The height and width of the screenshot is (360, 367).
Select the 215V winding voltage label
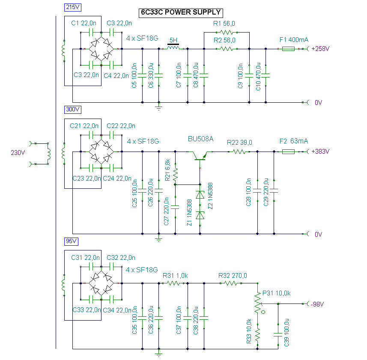[x=72, y=7]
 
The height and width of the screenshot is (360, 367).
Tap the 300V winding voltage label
[x=72, y=110]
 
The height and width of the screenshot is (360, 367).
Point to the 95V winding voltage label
[x=71, y=241]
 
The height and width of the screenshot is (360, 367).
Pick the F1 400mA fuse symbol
[x=289, y=49]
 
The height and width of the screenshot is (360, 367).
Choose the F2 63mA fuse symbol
[x=288, y=152]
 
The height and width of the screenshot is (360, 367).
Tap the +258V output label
[x=320, y=49]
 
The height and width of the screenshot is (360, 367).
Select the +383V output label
[x=320, y=152]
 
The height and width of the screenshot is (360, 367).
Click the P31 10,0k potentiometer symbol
[x=258, y=303]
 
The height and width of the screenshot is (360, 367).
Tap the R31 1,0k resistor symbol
[x=173, y=283]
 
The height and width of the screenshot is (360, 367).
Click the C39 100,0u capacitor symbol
[x=278, y=327]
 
